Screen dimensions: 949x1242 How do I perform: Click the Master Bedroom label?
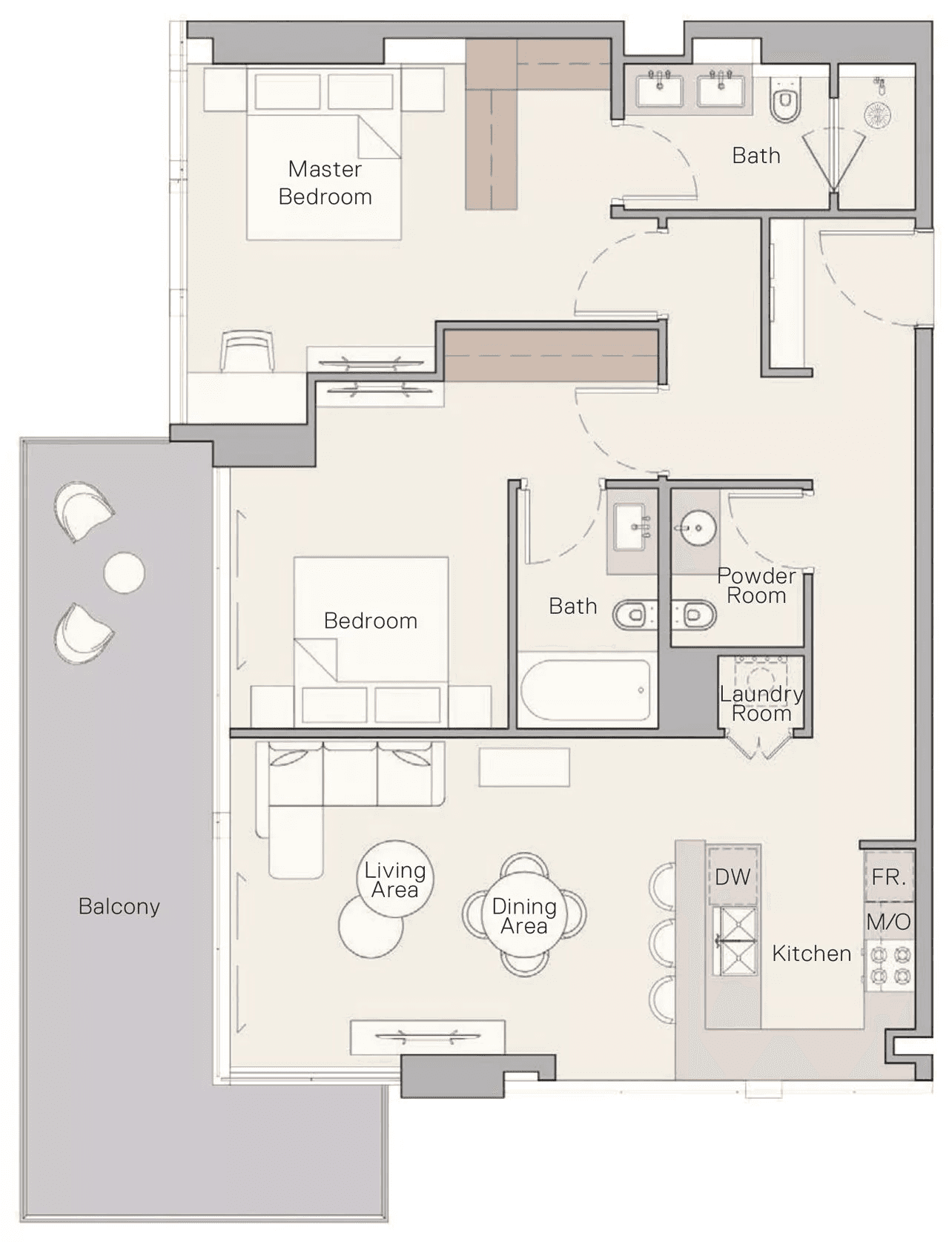(325, 182)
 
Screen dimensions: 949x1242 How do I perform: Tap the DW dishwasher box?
(733, 876)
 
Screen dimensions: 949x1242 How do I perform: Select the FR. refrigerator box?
(888, 876)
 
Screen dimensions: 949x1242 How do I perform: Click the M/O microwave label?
(888, 922)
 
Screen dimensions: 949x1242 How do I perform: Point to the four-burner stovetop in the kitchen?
(889, 966)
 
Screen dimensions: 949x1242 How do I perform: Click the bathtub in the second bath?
(585, 690)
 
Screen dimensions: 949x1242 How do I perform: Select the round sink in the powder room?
(695, 528)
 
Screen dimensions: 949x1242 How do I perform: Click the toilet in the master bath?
(786, 99)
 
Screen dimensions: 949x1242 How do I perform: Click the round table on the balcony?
(125, 572)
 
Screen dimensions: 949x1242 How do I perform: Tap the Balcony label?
(119, 906)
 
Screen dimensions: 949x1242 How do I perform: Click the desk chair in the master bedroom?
(247, 351)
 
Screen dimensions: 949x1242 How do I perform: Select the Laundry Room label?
(761, 704)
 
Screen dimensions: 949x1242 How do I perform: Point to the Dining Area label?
(524, 916)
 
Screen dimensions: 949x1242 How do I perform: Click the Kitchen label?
(812, 954)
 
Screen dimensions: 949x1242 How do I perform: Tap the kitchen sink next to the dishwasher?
(735, 941)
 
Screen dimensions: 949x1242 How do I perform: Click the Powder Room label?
(757, 586)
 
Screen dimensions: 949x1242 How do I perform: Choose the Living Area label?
(394, 880)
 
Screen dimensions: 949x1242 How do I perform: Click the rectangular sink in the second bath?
(632, 526)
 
